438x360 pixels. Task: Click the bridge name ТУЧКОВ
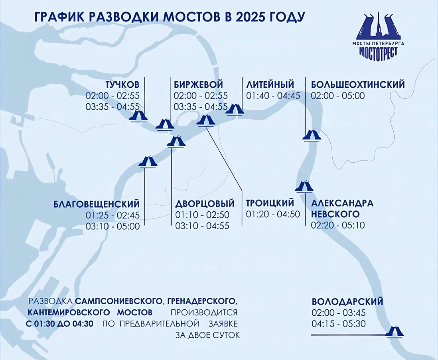coord(122,85)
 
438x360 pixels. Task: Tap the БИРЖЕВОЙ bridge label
coord(198,85)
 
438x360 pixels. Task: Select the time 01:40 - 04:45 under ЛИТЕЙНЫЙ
coord(273,96)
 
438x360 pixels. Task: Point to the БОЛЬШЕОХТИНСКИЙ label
coord(358,85)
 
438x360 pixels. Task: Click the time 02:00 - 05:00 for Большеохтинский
coord(338,96)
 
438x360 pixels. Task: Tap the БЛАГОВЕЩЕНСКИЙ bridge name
coord(97,204)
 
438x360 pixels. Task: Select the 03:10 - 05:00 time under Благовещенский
coord(112,226)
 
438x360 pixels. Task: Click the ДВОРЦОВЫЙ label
coord(205,204)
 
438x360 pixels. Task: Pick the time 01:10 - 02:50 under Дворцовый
coord(202,215)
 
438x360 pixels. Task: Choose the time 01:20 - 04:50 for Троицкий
coord(273,214)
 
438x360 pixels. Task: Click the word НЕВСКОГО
coord(335,214)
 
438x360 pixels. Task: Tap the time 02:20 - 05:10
coord(338,225)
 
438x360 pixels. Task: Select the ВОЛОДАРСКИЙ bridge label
coord(347,302)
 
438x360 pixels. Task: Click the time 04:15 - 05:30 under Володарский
coord(339,324)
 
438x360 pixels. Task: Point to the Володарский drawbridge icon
coord(395,331)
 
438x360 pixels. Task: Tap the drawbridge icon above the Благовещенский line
coord(148,161)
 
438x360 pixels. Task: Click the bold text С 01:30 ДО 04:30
coord(60,324)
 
